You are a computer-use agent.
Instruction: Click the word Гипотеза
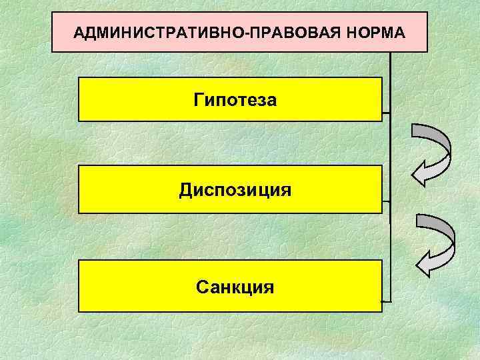click(x=235, y=101)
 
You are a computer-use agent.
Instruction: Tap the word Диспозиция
click(x=235, y=191)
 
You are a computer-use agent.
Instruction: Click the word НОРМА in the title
click(x=374, y=32)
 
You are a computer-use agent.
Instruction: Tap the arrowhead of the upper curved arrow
click(x=422, y=175)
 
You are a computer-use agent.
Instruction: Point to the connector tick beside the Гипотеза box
click(x=386, y=113)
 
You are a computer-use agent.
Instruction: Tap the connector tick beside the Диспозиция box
click(x=386, y=201)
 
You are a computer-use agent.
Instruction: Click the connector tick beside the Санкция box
click(x=386, y=301)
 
